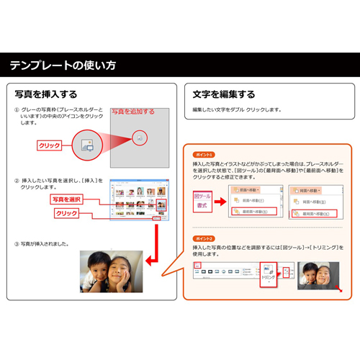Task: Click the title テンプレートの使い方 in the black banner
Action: [63, 66]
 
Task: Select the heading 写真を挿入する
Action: [46, 94]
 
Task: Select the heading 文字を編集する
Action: [224, 94]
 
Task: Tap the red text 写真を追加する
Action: [132, 112]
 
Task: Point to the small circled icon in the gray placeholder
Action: [140, 138]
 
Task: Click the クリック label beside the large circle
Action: [49, 145]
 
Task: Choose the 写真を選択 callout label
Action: [66, 199]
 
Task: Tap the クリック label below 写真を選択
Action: [66, 214]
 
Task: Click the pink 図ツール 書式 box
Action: [204, 201]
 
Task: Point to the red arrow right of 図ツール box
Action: [221, 201]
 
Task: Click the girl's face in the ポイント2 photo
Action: [321, 274]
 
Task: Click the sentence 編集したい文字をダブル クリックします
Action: [237, 110]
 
